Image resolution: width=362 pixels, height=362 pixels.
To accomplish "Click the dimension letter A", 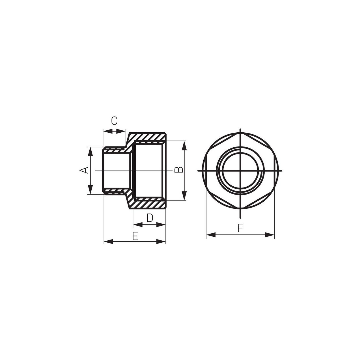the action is click(x=84, y=170).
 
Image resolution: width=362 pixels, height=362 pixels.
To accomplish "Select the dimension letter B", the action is click(x=179, y=170).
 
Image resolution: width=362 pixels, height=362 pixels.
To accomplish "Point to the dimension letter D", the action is click(x=150, y=218).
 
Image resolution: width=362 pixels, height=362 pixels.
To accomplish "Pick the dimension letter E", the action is click(x=135, y=236).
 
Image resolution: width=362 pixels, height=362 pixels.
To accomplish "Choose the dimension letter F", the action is click(x=240, y=228).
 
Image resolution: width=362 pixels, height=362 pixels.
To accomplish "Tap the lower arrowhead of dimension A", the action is click(x=90, y=189).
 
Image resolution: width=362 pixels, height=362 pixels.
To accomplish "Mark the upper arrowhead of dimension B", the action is click(x=184, y=146).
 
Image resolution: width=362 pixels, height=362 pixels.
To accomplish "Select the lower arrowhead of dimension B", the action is click(x=184, y=195).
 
